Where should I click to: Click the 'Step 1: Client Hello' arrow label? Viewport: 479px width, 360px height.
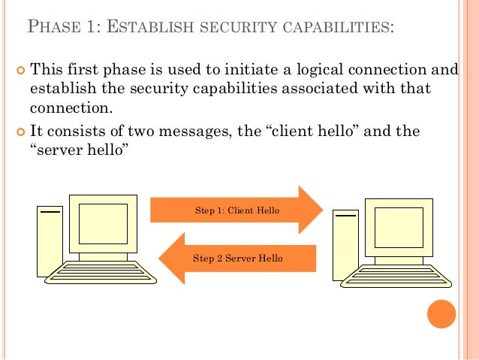(x=237, y=210)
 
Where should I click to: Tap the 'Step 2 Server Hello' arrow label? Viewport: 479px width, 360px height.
(x=238, y=258)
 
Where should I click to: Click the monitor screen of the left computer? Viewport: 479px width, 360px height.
(x=103, y=223)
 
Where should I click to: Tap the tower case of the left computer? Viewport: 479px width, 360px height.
(x=50, y=241)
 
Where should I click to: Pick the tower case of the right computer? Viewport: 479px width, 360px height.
(x=347, y=244)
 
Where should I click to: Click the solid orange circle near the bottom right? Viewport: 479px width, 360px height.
(x=441, y=315)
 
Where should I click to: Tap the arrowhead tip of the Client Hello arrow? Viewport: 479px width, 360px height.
(x=321, y=210)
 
